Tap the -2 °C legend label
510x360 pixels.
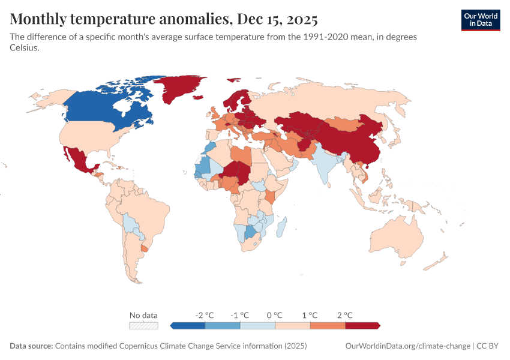coord(205,315)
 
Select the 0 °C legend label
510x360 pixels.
coord(275,315)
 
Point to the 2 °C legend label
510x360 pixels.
coord(345,315)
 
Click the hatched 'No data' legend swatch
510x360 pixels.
coord(144,325)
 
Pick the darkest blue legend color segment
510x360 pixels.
coord(189,325)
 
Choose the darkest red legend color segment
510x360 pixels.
coord(362,325)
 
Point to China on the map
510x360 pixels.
coord(354,141)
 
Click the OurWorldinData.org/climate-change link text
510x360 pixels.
coord(408,346)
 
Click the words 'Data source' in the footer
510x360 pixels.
coord(31,346)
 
